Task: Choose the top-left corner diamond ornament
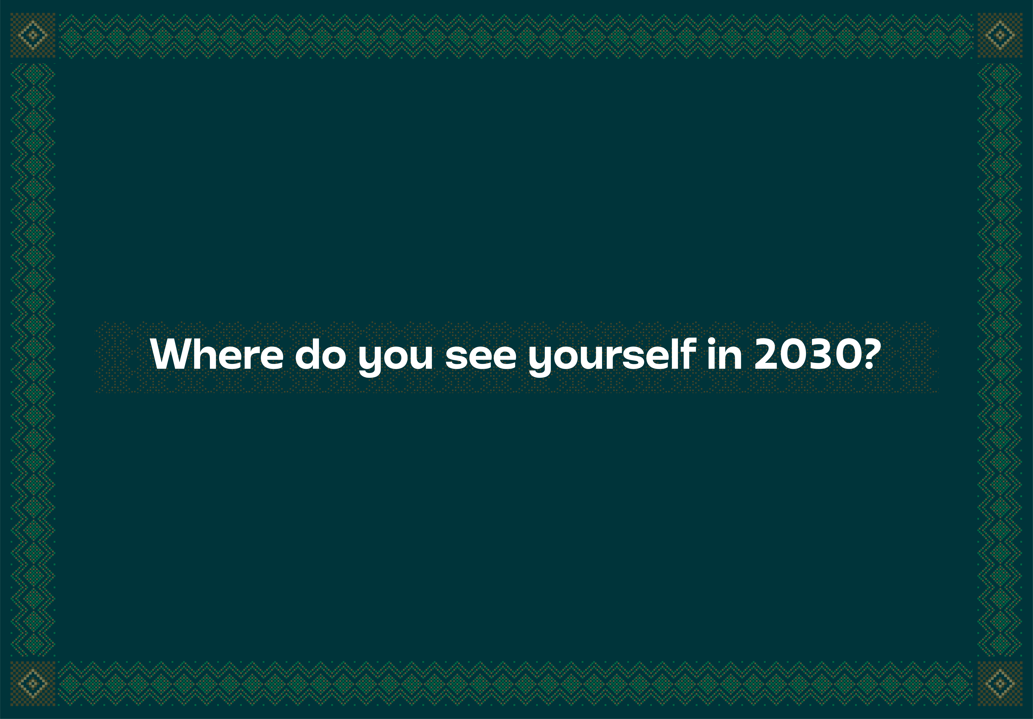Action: (33, 35)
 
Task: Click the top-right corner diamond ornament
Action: (1000, 35)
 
